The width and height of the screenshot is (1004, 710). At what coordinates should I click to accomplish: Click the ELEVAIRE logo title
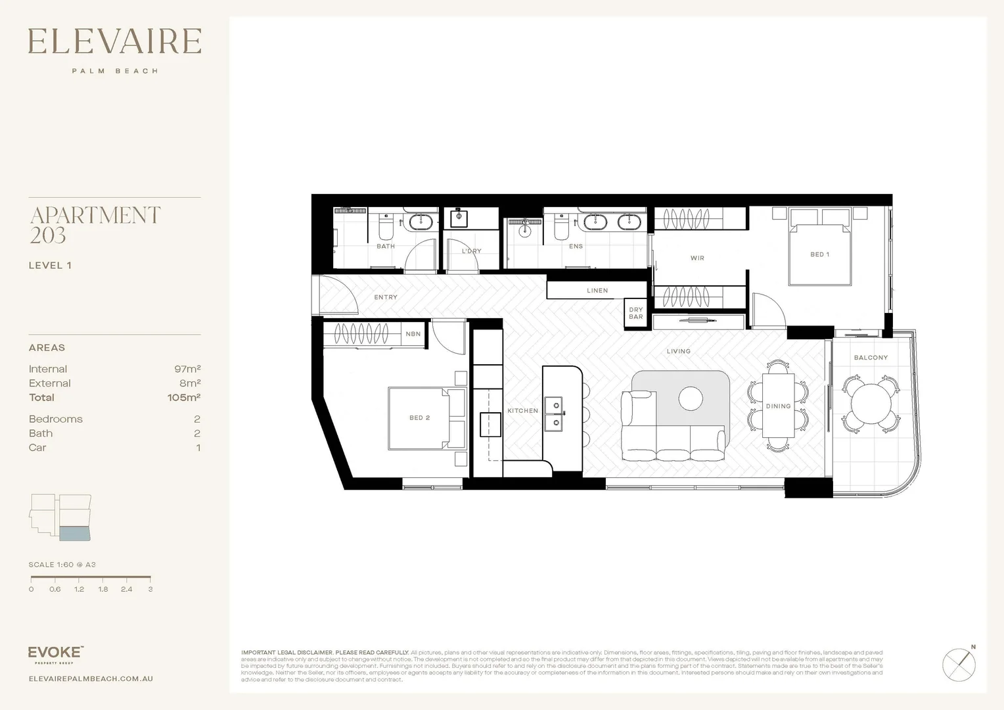[114, 41]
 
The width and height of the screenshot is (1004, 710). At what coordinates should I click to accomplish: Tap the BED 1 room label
[819, 254]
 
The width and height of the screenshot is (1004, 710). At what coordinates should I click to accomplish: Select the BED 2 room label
[419, 418]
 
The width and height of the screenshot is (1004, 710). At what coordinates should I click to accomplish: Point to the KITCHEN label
[522, 411]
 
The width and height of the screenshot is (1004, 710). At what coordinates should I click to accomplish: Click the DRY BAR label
[635, 314]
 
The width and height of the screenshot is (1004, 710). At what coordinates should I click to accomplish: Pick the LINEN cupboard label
[597, 291]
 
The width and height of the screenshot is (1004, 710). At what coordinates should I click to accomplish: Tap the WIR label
[697, 258]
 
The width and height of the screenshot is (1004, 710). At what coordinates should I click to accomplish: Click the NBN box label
[413, 334]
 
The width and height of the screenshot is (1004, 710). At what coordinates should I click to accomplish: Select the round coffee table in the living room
[691, 398]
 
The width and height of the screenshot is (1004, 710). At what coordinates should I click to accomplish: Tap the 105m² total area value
[184, 398]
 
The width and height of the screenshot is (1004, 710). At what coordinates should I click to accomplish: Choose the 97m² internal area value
[187, 369]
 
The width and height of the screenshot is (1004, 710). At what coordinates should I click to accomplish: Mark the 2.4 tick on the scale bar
[127, 589]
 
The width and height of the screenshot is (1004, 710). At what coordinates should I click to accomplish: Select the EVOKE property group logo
[56, 653]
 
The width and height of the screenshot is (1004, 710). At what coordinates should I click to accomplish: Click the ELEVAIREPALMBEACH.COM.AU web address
[91, 678]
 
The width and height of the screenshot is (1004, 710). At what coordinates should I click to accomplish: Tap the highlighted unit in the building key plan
[75, 533]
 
